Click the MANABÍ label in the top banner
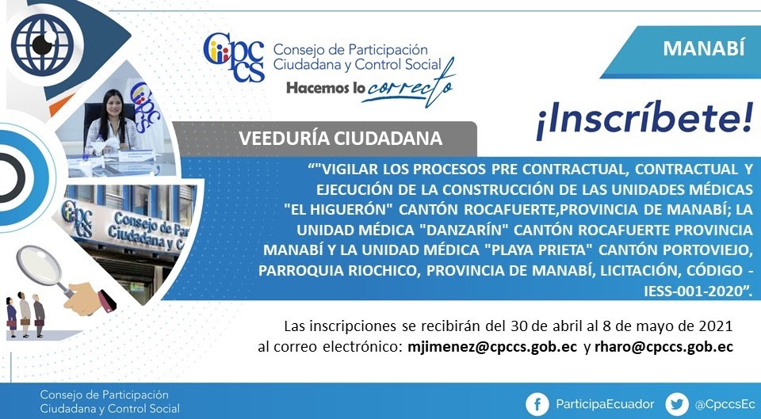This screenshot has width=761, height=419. pos(704,48)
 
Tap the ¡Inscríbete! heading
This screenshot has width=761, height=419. pos(644,120)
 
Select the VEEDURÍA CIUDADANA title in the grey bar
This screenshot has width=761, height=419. pos(340,139)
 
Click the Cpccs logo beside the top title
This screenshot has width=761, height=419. pos(234,57)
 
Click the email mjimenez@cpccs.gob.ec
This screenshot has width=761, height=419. pos(492,347)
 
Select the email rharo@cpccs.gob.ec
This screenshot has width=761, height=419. pos(663,347)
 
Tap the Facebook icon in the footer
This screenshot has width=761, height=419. pos(537,405)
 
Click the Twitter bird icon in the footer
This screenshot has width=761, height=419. pos(676,405)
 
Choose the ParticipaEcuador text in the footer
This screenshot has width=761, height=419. pos(605,405)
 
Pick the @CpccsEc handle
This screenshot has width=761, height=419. pos(725,405)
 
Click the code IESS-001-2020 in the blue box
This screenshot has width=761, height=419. pos(694,291)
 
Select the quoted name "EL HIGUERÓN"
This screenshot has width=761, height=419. pos(338,209)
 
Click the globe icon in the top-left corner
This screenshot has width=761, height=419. pos(42,44)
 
